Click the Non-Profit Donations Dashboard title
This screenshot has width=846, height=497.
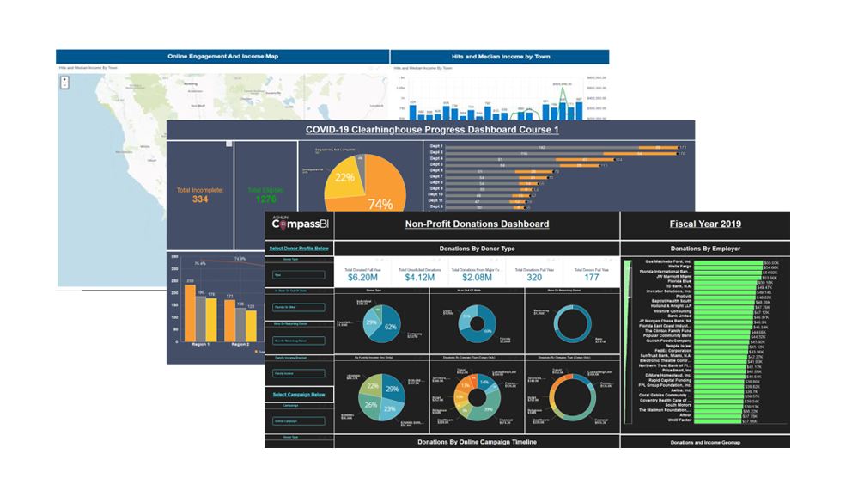477,224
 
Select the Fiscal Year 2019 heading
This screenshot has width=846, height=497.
705,224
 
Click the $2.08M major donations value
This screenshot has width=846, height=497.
476,278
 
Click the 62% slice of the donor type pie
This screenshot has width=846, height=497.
389,326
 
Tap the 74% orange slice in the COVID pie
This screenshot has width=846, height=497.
378,193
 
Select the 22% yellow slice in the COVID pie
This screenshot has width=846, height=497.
344,179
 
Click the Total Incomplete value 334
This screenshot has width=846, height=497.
200,199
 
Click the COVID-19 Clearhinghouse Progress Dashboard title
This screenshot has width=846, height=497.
432,130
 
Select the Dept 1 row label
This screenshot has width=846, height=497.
436,147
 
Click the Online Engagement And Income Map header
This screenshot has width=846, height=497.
222,57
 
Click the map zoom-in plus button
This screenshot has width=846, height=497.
64,79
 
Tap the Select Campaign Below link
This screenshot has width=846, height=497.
299,394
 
